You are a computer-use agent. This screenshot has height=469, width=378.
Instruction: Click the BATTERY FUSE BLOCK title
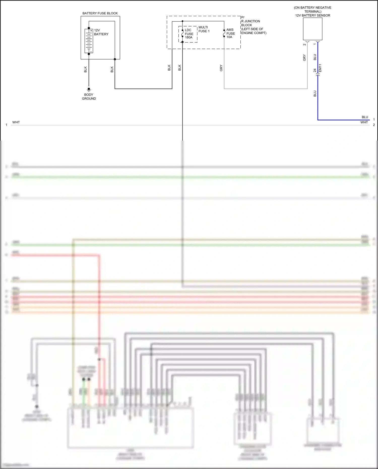pyautogui.click(x=100, y=13)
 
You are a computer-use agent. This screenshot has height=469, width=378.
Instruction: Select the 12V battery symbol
pyautogui.click(x=89, y=41)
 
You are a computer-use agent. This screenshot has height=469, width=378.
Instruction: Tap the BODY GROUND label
pyautogui.click(x=89, y=97)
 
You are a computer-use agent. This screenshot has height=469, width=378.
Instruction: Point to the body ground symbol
pyautogui.click(x=89, y=89)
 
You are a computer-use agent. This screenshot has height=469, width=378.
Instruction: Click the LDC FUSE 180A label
pyautogui.click(x=189, y=34)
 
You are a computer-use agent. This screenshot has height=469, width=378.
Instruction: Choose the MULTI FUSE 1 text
pyautogui.click(x=204, y=29)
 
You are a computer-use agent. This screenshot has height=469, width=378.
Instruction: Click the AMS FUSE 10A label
pyautogui.click(x=230, y=33)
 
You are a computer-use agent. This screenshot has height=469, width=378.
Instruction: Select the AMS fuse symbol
pyautogui.click(x=224, y=33)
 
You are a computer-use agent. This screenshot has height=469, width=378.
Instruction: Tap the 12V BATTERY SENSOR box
pyautogui.click(x=312, y=29)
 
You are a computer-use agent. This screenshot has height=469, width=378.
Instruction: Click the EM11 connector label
pyautogui.click(x=320, y=68)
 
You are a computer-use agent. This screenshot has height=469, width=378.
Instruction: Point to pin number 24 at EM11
pyautogui.click(x=315, y=70)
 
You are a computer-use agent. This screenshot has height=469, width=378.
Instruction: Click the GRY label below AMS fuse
pyautogui.click(x=221, y=68)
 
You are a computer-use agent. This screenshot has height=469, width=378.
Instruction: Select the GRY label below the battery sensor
pyautogui.click(x=304, y=57)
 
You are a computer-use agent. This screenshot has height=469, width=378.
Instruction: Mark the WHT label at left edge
pyautogui.click(x=16, y=122)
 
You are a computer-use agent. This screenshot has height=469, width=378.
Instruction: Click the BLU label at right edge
pyautogui.click(x=365, y=117)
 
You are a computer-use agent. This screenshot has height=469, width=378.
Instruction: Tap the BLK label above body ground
pyautogui.click(x=85, y=70)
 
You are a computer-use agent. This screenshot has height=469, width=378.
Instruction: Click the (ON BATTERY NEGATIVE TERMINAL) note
pyautogui.click(x=312, y=10)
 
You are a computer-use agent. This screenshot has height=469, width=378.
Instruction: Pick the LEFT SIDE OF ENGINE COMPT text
pyautogui.click(x=254, y=31)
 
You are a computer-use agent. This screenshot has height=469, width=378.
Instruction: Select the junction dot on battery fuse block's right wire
pyautogui.click(x=115, y=59)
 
